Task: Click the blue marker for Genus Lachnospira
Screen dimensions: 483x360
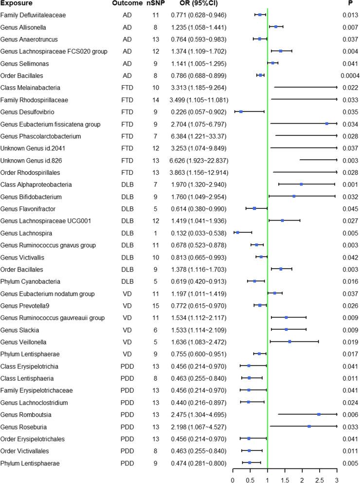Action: (238, 232)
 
